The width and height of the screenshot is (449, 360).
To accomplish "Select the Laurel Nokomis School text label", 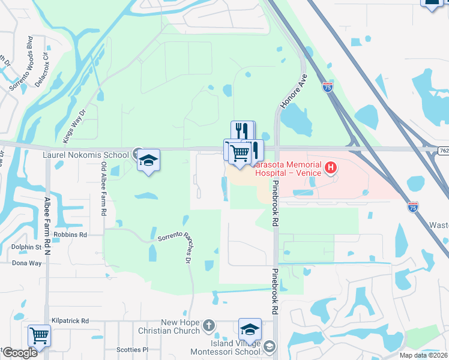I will pyautogui.click(x=86, y=155).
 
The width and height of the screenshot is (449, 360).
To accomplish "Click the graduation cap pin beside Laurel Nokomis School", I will pyautogui.click(x=148, y=161).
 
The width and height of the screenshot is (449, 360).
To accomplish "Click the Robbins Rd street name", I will pyautogui.click(x=70, y=235).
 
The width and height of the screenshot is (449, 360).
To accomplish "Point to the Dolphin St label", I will pyautogui.click(x=25, y=247).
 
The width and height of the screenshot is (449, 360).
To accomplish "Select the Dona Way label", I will pyautogui.click(x=27, y=263).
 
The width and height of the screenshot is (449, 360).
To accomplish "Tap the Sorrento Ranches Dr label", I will pyautogui.click(x=174, y=246).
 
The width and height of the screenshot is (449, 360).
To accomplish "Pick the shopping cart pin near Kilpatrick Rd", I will pyautogui.click(x=39, y=336).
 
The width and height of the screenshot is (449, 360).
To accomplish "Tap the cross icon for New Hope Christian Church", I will pyautogui.click(x=208, y=326).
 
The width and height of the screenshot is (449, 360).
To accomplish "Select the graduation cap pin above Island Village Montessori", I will pyautogui.click(x=250, y=329).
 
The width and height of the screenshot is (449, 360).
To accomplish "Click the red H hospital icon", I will pyautogui.click(x=330, y=169).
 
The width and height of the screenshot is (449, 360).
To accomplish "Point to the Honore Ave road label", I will pyautogui.click(x=294, y=91).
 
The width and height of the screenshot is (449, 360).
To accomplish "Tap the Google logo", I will pyautogui.click(x=19, y=352).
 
